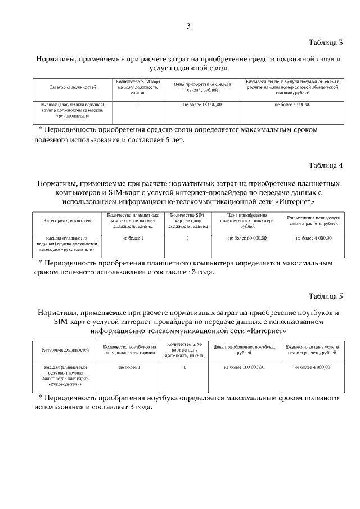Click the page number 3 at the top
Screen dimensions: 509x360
pyautogui.click(x=188, y=26)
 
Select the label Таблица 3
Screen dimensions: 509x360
pyautogui.click(x=326, y=43)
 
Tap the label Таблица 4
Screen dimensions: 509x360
pyautogui.click(x=326, y=165)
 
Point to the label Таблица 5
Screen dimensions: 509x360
pyautogui.click(x=326, y=296)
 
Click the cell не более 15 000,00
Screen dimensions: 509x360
pyautogui.click(x=202, y=105)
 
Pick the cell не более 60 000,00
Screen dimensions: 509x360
pyautogui.click(x=247, y=238)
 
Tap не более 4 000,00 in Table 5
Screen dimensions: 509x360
pyautogui.click(x=312, y=367)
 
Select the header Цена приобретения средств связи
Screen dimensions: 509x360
pyautogui.click(x=202, y=87)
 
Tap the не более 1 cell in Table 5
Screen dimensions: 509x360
pyautogui.click(x=129, y=367)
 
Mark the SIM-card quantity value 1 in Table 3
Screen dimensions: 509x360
pyautogui.click(x=138, y=105)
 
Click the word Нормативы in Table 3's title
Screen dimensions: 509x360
pyautogui.click(x=57, y=58)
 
